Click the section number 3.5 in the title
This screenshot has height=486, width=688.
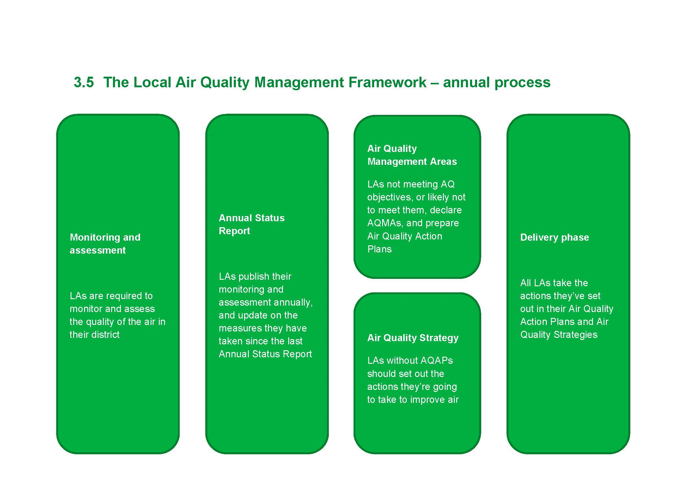(x=84, y=82)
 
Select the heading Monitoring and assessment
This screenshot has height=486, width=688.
(x=105, y=244)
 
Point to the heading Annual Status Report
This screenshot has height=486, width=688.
(x=252, y=224)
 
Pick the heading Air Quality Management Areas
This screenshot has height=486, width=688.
(x=412, y=155)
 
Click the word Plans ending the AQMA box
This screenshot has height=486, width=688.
(x=379, y=249)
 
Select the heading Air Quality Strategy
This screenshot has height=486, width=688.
(x=413, y=338)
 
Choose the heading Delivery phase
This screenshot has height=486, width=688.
(x=555, y=237)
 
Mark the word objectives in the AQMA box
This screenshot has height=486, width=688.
(x=389, y=197)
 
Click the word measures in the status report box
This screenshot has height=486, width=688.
(x=236, y=328)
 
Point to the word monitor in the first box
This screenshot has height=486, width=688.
(x=85, y=309)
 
